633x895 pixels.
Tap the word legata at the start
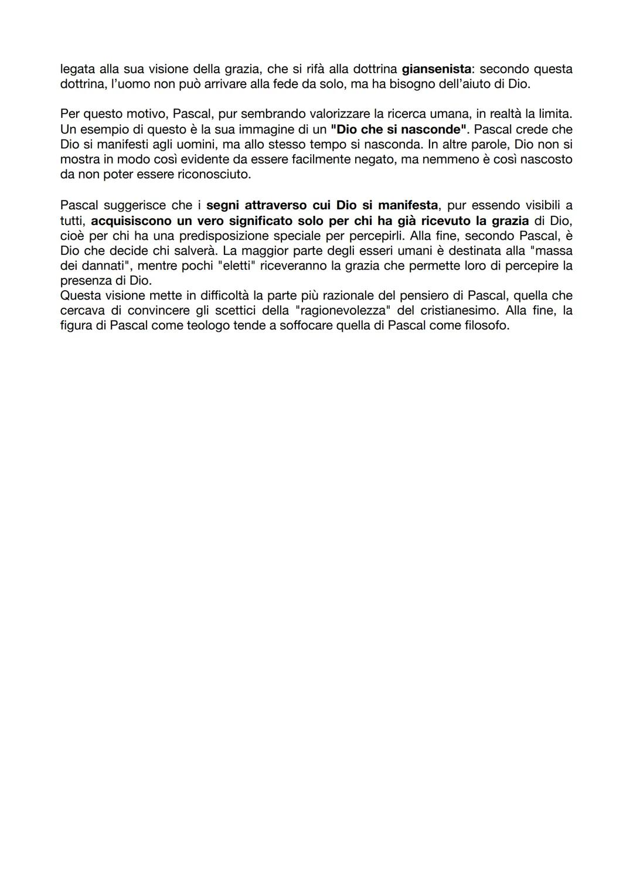[x=77, y=69]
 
